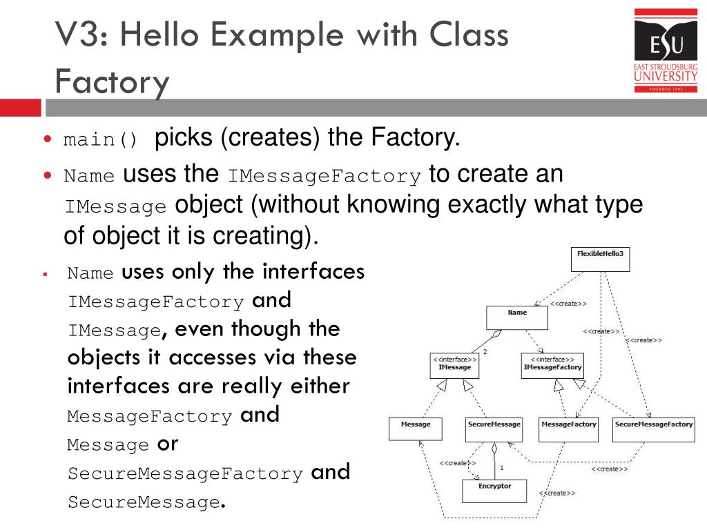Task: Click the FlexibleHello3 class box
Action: (600, 259)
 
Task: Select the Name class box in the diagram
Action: (517, 317)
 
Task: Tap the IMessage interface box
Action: (454, 366)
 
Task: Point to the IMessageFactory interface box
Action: (552, 366)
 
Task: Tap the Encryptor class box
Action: (494, 491)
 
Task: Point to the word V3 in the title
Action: (76, 35)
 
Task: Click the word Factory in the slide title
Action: (112, 82)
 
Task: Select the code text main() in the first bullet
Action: (101, 140)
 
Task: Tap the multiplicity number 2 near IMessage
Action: (485, 352)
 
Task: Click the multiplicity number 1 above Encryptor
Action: (501, 468)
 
